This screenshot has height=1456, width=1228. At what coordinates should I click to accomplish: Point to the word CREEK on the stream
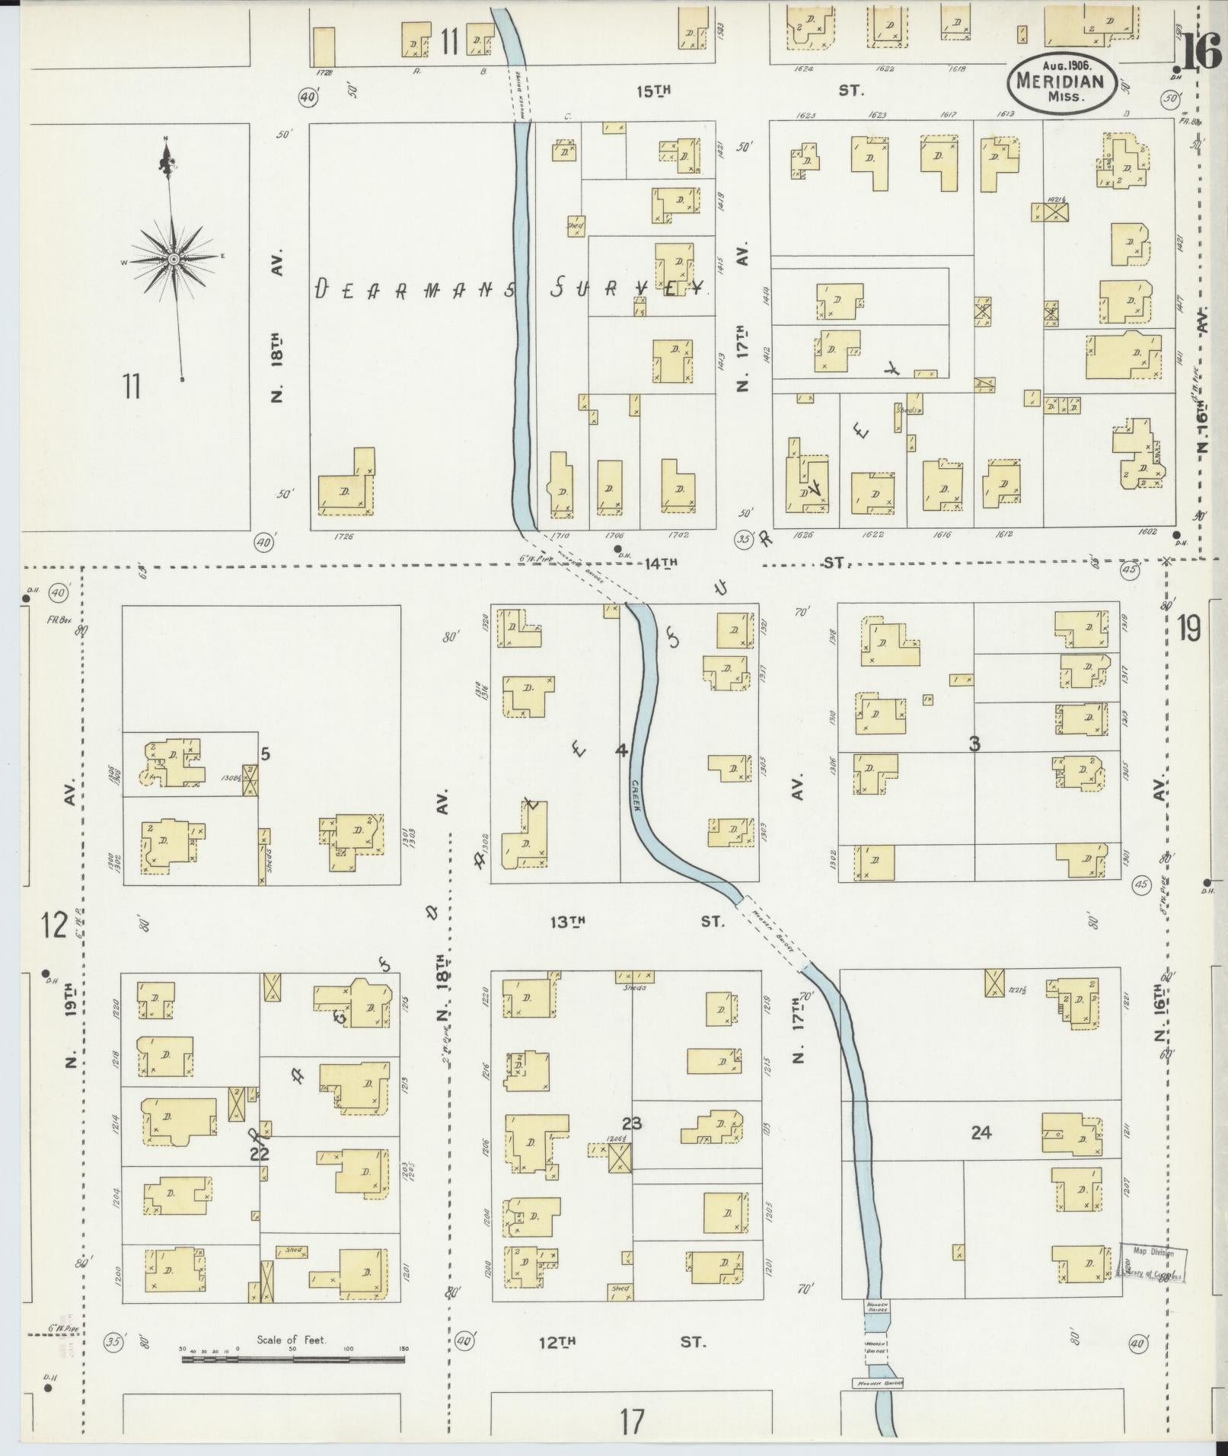pyautogui.click(x=636, y=795)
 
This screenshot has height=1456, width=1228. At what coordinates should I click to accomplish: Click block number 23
pyautogui.click(x=631, y=1123)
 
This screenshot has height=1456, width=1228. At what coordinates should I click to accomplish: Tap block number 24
pyautogui.click(x=981, y=1133)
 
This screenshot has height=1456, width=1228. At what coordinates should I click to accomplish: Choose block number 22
pyautogui.click(x=260, y=1154)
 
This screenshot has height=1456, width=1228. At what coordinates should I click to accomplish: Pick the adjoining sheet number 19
pyautogui.click(x=1188, y=629)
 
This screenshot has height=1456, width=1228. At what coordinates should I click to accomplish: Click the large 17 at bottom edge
pyautogui.click(x=631, y=1421)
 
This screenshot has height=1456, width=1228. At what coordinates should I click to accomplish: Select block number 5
pyautogui.click(x=265, y=754)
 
